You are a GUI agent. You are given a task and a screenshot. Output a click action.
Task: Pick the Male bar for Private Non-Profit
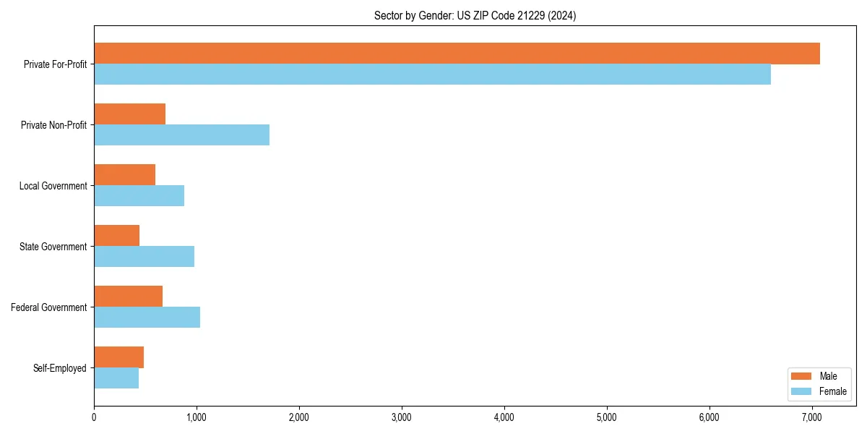(129, 114)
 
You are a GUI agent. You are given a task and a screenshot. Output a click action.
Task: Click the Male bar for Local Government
(124, 175)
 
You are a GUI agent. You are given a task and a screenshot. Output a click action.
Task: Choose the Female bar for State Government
(144, 257)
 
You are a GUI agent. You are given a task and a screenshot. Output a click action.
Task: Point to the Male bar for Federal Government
(128, 297)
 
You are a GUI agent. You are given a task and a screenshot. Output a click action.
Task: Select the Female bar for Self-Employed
(116, 378)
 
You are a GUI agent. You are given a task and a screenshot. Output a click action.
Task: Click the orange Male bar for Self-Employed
(118, 357)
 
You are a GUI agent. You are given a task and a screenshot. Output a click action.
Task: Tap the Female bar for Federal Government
(147, 318)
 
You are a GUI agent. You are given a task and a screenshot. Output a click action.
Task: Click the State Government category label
(53, 247)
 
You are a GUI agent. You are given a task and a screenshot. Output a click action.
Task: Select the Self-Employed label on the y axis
(59, 368)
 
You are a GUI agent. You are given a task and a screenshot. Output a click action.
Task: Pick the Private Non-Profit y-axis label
(53, 125)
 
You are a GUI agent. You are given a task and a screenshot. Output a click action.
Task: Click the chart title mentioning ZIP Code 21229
(475, 15)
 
